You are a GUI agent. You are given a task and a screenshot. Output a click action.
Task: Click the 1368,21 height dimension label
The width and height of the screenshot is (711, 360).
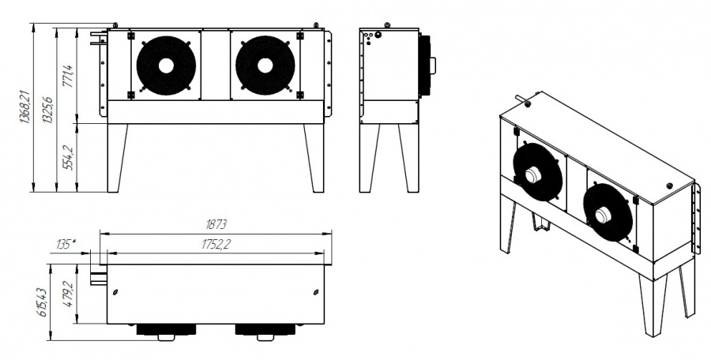click(24, 107)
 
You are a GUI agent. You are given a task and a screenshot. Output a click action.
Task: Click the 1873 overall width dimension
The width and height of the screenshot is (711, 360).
click(216, 224)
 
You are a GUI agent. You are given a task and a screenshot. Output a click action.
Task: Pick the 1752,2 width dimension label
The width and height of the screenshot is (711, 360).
click(216, 244)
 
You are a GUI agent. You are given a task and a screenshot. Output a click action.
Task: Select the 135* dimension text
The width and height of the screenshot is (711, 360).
click(66, 245)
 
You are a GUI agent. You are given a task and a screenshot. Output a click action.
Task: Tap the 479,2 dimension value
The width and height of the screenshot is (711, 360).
click(68, 294)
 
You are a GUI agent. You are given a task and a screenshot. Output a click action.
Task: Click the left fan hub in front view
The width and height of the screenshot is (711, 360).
click(166, 66)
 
